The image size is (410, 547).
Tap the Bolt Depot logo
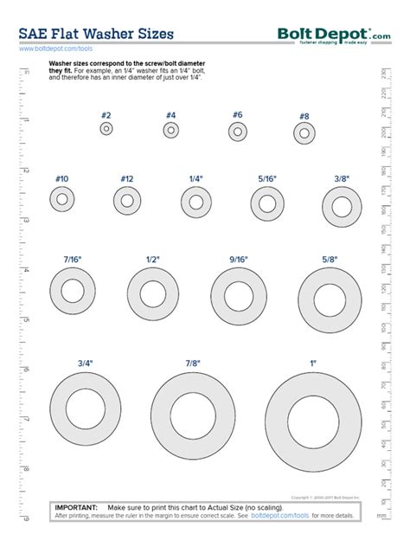tap(333, 35)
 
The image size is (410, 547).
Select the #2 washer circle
tap(106, 129)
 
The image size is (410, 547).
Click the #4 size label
tap(170, 115)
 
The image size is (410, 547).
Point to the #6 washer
tap(238, 132)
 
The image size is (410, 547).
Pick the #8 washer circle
tap(304, 133)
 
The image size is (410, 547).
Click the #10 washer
tap(61, 200)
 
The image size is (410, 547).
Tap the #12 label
tap(127, 178)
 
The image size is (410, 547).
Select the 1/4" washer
tap(196, 203)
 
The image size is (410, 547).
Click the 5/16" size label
tap(267, 178)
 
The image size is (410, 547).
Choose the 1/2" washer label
tap(153, 259)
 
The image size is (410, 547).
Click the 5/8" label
tap(330, 259)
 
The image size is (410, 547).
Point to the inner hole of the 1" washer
tap(313, 423)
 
